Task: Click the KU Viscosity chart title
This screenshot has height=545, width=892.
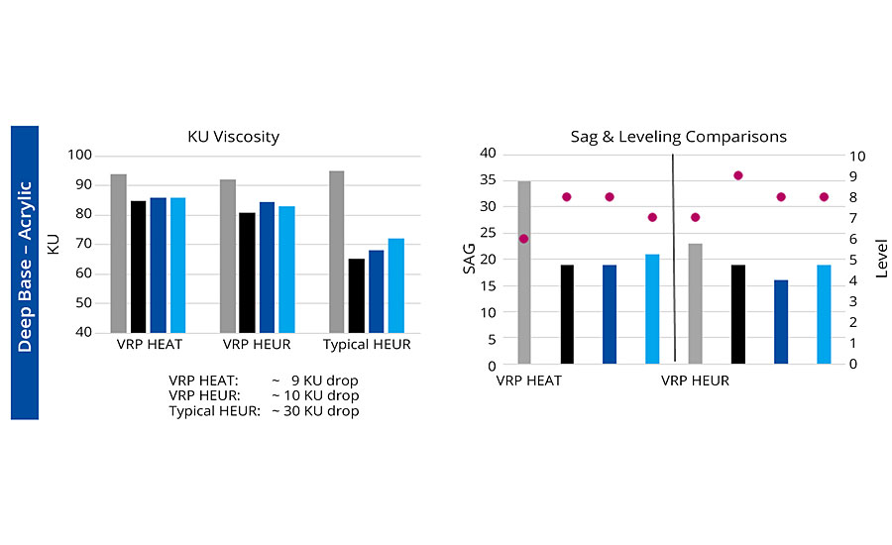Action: [233, 137]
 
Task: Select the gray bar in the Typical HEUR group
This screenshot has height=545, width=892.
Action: [336, 252]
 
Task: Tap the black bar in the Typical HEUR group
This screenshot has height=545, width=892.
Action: [356, 295]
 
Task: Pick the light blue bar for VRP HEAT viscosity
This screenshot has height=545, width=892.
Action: [178, 265]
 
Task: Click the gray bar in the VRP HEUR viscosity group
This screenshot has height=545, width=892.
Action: [227, 256]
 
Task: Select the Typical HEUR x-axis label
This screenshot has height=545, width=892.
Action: [367, 345]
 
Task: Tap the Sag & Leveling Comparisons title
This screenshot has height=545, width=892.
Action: [678, 137]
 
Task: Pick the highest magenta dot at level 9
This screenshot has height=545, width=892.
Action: [737, 175]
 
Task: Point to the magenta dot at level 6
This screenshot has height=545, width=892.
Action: [523, 239]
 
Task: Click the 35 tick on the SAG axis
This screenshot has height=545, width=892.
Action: [487, 179]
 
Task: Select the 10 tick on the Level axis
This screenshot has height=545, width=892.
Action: [858, 157]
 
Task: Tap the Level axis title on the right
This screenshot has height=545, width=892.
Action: [881, 258]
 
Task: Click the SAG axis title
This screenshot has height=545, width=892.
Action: [470, 258]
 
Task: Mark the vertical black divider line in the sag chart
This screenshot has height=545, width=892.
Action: [674, 258]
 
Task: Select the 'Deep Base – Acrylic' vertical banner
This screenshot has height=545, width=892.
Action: [25, 271]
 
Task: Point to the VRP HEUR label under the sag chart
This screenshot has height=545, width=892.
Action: [695, 381]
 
